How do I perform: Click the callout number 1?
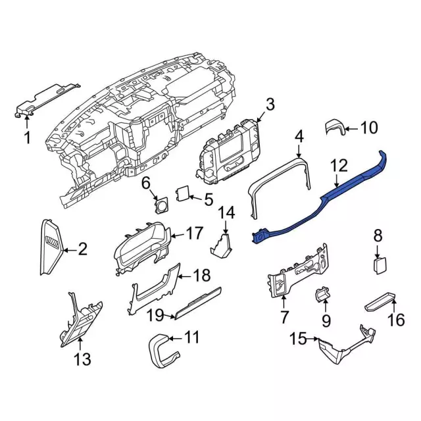27,137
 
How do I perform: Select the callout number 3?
270,104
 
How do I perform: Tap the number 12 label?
339,166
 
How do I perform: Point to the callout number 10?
369,127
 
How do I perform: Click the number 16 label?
396,320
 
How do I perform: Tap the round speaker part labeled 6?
159,205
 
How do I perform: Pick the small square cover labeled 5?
183,193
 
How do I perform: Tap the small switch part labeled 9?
322,295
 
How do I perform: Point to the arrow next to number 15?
312,339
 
